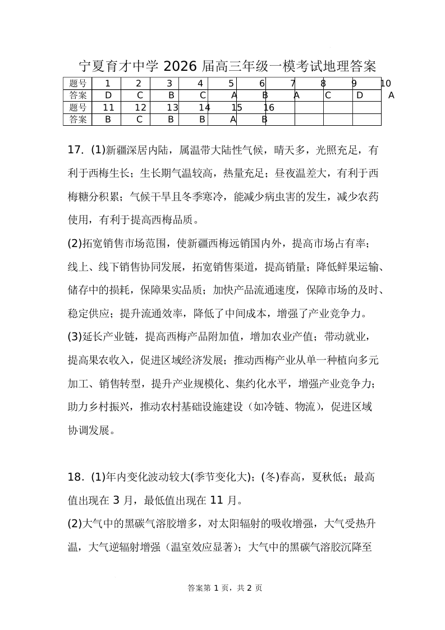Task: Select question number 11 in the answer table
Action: [109, 107]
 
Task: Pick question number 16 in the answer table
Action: [268, 107]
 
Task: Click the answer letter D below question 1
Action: [109, 95]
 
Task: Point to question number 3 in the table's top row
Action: [171, 84]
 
